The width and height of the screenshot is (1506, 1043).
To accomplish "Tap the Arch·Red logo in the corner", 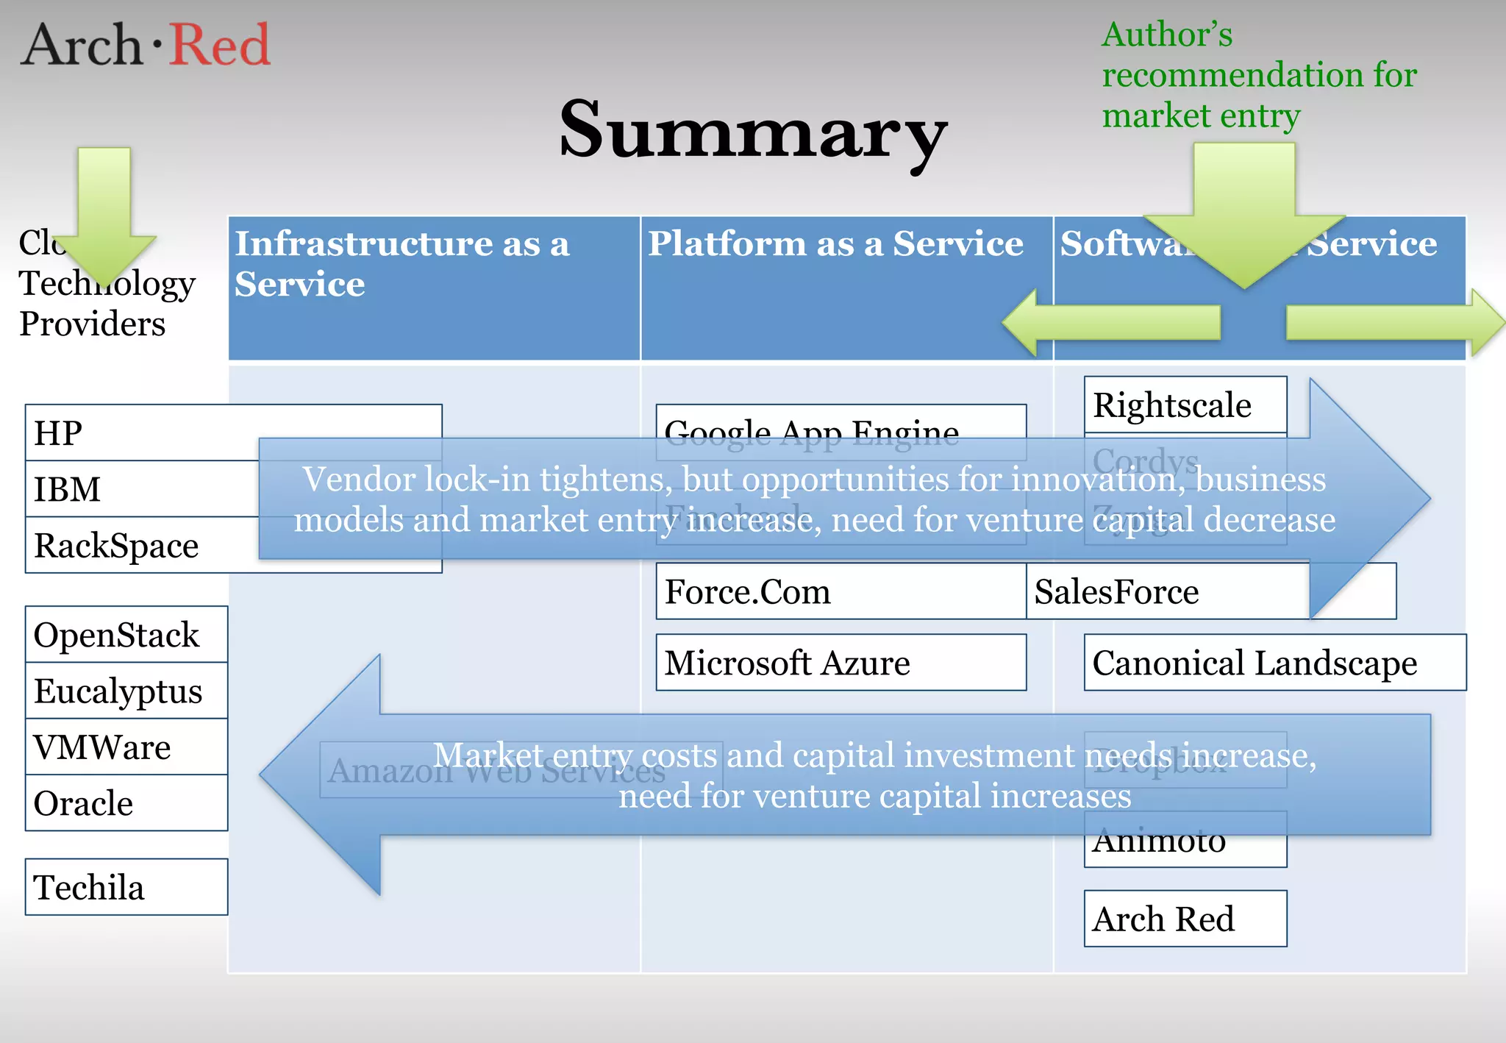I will point(146,44).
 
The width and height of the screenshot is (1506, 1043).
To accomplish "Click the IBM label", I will point(68,489).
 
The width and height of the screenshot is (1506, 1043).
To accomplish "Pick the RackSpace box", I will point(116,546).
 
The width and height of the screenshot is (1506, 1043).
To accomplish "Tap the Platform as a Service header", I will point(835,244).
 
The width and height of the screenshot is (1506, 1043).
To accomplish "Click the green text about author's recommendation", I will point(1258,75).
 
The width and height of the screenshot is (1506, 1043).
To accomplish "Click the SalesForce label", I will point(1116,592).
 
